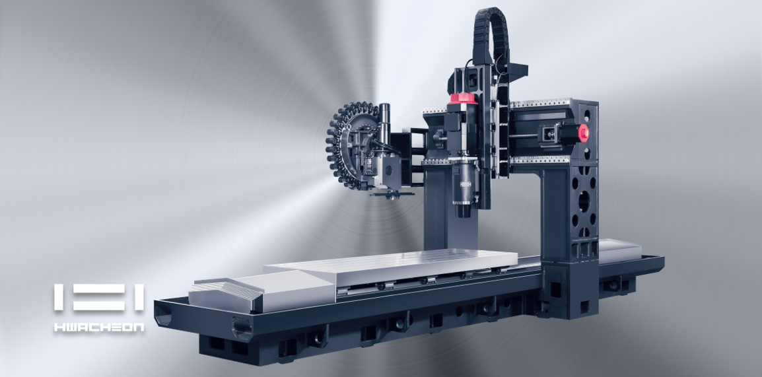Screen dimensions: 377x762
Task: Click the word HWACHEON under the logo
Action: coord(99,327)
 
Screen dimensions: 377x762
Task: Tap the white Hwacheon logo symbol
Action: coord(99,298)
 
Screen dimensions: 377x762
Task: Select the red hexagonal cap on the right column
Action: coord(583,132)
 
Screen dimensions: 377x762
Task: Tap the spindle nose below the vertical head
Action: coord(463,210)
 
